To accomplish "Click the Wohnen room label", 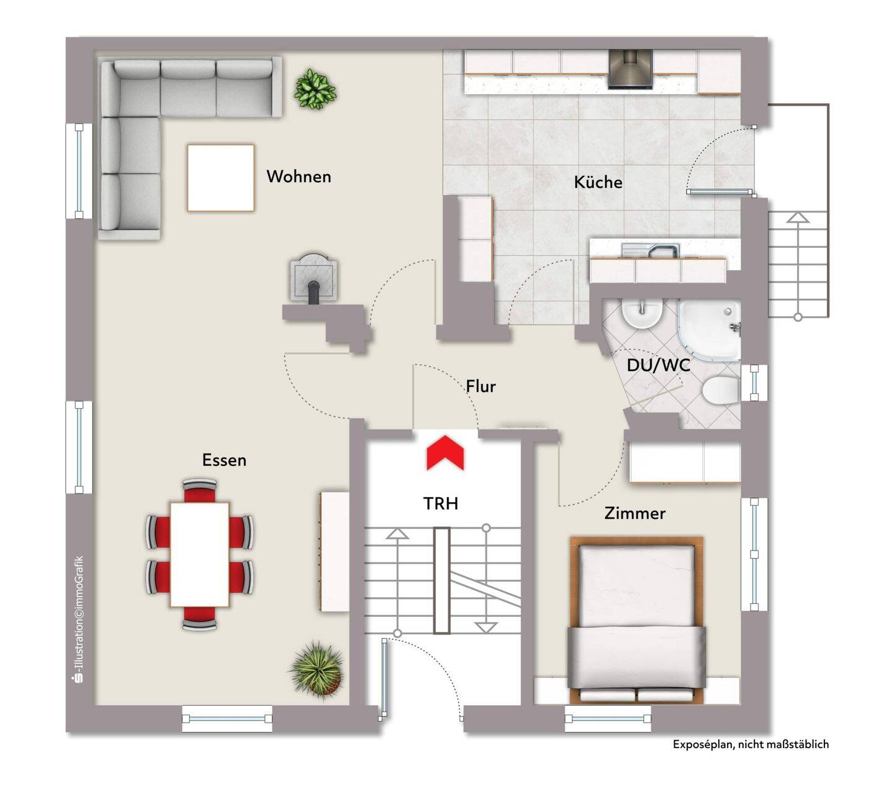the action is (299, 176).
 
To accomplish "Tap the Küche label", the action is (598, 182).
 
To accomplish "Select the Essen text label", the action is (224, 460).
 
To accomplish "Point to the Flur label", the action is (481, 386).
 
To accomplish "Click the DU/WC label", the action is (658, 365).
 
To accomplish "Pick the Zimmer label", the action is (634, 513).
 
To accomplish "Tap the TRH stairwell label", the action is (440, 503).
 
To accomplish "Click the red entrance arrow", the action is (445, 452).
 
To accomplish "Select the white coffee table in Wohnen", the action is (220, 178).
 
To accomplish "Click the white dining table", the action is (199, 554).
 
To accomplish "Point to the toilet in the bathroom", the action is (720, 390).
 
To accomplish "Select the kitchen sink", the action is (651, 250).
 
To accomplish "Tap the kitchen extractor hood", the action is (630, 69).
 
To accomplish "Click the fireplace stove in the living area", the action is (314, 278).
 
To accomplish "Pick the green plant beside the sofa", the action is (315, 89).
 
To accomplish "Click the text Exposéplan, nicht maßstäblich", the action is (750, 744).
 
